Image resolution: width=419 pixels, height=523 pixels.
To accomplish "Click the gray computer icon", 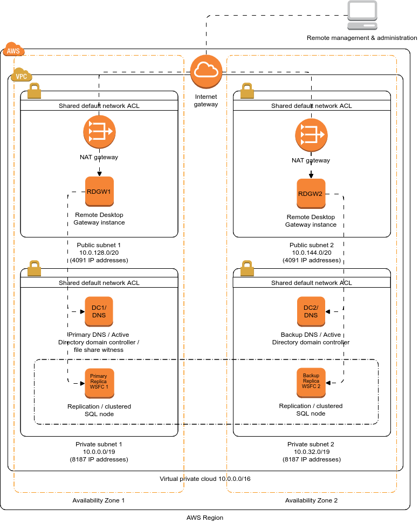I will pos(362,15).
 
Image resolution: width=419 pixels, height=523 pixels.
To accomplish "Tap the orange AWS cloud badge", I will pos(13,50).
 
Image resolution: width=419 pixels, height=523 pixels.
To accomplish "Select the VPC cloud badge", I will pos(21,75).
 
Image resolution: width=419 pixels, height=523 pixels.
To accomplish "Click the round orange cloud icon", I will pos(206,71).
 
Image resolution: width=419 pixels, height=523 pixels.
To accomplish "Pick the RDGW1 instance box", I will pos(99,191).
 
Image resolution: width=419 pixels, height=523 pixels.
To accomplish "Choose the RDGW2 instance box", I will pos(311,193).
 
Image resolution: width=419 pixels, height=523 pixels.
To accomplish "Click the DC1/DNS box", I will pos(99,311).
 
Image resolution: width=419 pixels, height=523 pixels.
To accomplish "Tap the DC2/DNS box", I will pos(311,311).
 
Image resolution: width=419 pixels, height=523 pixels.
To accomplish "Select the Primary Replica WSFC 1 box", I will pos(99,382).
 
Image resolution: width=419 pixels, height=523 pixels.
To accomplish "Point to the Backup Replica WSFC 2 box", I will pos(311,382).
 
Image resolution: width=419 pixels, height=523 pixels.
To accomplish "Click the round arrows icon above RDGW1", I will pos(99,132).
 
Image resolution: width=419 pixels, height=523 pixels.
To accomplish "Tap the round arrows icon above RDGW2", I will pos(311,134).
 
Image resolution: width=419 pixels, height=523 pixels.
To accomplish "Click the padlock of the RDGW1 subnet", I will pos(35,91).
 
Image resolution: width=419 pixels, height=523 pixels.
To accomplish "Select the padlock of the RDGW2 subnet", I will pos(247,91).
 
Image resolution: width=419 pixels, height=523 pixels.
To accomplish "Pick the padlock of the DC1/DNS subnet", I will pos(35,268).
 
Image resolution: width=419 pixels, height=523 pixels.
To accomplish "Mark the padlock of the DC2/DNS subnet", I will pos(247,268).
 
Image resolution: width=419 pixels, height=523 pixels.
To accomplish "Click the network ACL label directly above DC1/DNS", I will pos(99,282).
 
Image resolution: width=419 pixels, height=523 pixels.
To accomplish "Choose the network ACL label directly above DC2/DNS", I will pos(312,282).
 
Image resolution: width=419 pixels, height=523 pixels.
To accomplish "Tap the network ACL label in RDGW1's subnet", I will pos(99,105).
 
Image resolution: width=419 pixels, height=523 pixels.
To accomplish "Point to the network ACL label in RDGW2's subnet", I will pos(312,105).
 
